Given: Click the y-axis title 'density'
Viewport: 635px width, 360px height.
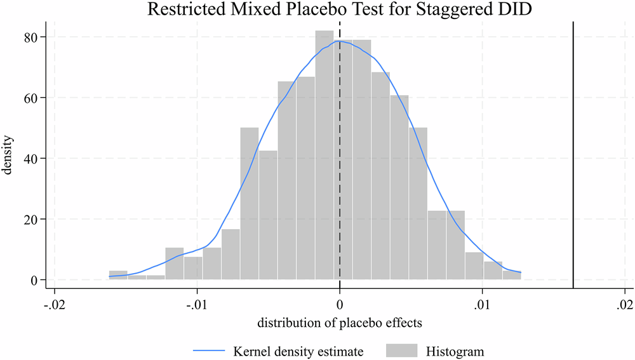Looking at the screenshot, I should [11, 158].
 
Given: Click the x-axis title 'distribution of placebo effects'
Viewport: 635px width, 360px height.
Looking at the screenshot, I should [340, 323].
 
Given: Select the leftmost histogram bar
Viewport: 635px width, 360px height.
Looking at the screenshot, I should [118, 275].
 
